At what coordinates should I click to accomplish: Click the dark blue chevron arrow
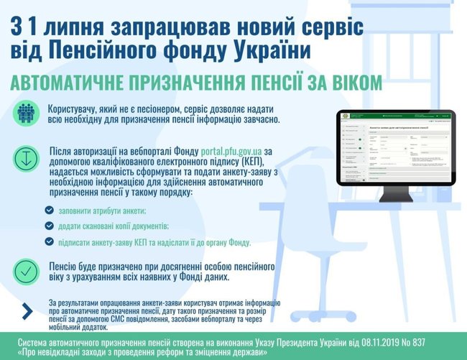pos(27,310)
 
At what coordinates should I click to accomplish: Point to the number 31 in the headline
pos(27,27)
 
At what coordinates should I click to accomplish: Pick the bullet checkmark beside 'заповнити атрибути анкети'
pos(49,211)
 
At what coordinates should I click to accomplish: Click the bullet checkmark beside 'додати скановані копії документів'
pos(49,226)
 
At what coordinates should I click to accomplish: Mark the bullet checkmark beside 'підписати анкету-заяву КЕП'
pos(49,241)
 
